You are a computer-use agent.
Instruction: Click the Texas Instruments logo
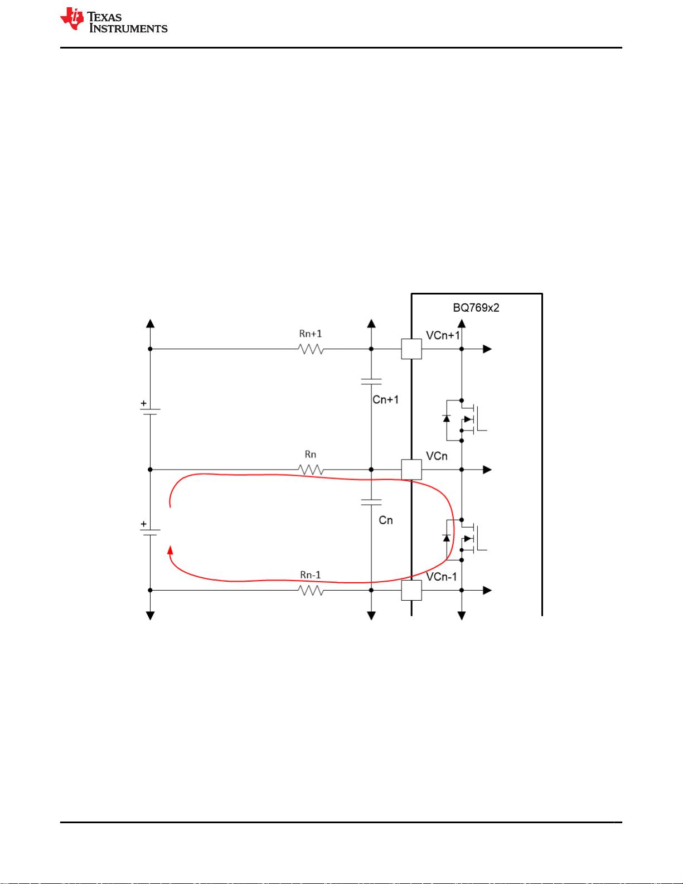[114, 21]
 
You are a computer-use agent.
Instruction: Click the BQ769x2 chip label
[476, 308]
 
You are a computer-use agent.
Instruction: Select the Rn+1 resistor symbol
[311, 349]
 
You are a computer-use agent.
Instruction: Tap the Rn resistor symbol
[311, 470]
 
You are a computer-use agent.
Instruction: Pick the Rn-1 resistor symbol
[311, 590]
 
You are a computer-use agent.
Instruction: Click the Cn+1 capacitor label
[385, 400]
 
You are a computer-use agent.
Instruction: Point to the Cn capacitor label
[386, 520]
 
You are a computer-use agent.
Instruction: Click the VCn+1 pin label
[443, 335]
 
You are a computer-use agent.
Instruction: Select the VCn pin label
[437, 456]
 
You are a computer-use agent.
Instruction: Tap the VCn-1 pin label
[442, 577]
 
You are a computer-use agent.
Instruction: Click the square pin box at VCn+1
[411, 349]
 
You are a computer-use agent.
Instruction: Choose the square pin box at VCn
[411, 470]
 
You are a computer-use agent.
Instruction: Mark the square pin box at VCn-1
[411, 590]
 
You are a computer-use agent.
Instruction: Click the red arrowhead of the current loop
[170, 550]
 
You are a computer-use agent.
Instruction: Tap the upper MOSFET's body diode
[446, 418]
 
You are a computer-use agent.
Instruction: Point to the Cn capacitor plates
[371, 502]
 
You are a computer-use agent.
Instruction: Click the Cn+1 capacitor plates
[371, 381]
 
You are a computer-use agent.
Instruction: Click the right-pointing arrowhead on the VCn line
[487, 470]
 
